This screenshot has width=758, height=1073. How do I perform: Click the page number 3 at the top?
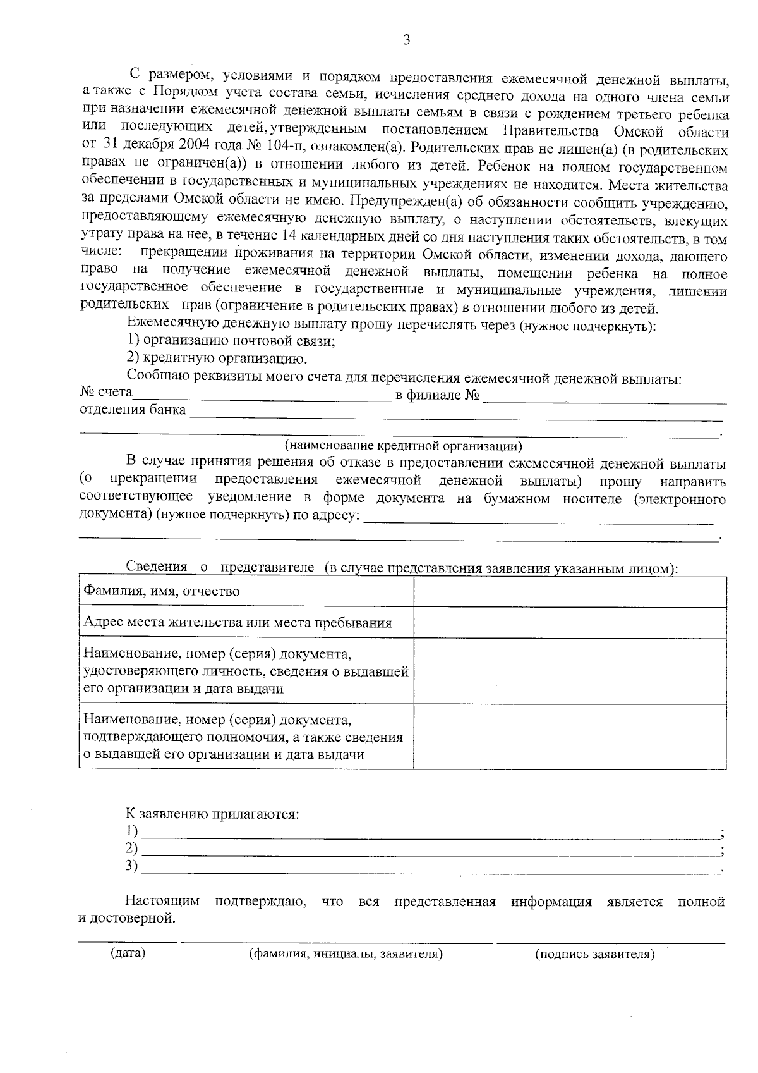[x=406, y=40]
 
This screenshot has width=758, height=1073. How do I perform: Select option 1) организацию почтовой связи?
[x=231, y=341]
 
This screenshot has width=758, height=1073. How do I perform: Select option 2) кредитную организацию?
[x=217, y=359]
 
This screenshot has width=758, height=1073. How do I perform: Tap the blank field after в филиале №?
[x=605, y=398]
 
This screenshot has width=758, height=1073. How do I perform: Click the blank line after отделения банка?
[x=455, y=414]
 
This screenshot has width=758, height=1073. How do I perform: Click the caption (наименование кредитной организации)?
[x=403, y=446]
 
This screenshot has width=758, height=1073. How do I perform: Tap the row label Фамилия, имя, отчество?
[x=162, y=592]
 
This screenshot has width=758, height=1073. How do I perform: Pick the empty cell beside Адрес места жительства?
[x=570, y=623]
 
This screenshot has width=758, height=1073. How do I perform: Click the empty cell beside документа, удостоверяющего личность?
[x=570, y=671]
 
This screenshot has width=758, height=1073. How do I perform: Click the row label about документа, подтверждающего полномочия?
[x=243, y=737]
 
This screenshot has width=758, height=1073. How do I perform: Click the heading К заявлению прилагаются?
[x=212, y=814]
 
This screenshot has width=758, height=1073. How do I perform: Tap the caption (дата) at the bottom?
[x=128, y=953]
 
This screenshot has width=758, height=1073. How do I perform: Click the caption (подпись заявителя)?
[x=594, y=954]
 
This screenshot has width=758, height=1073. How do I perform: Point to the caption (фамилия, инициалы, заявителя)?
[x=346, y=954]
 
